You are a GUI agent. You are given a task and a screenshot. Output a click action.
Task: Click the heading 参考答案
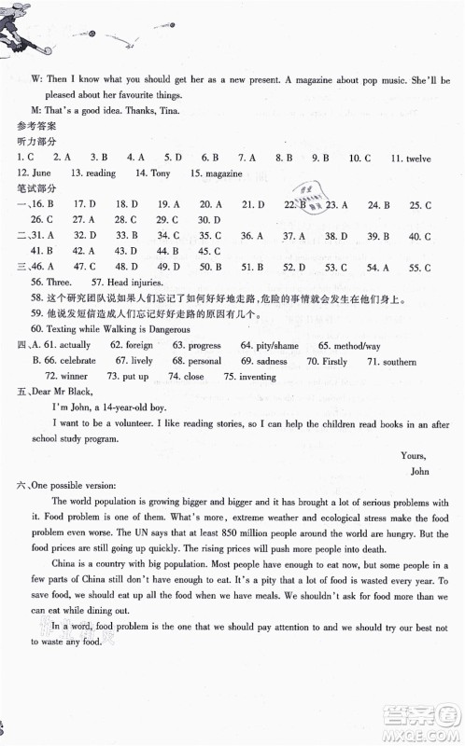click(x=37, y=124)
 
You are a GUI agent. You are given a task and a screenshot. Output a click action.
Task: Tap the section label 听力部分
click(x=37, y=141)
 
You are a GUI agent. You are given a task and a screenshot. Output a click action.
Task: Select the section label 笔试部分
click(x=37, y=188)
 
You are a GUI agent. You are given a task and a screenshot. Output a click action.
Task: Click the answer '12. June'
click(x=33, y=173)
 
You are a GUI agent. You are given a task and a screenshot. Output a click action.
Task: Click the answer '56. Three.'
click(x=51, y=282)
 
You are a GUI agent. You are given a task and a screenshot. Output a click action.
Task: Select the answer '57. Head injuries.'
click(x=127, y=282)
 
